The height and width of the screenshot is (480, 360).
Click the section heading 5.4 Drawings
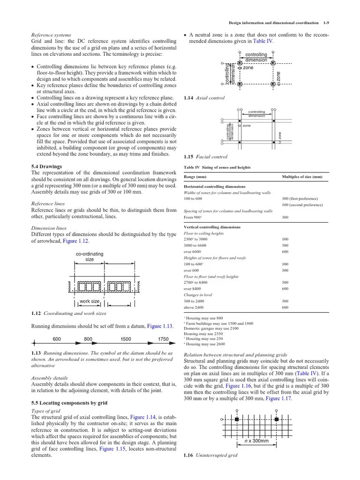(x=46, y=166)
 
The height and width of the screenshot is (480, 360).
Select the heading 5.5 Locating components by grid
(x=69, y=403)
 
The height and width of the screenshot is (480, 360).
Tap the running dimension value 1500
(x=126, y=338)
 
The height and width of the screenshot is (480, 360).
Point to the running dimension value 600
(x=57, y=338)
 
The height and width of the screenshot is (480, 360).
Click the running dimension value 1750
(x=163, y=338)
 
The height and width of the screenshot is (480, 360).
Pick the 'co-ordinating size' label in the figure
(x=90, y=256)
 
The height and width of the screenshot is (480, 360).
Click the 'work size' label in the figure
(x=89, y=301)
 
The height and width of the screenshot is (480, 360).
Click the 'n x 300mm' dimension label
(x=256, y=441)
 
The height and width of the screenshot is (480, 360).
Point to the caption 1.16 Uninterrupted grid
(x=210, y=455)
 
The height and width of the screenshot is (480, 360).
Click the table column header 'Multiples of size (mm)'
(x=302, y=177)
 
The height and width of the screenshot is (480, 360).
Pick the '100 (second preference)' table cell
(x=302, y=205)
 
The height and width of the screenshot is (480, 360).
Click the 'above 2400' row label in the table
(x=194, y=307)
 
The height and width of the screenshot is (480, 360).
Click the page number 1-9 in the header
(x=327, y=22)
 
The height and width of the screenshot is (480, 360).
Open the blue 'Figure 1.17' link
(x=278, y=398)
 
